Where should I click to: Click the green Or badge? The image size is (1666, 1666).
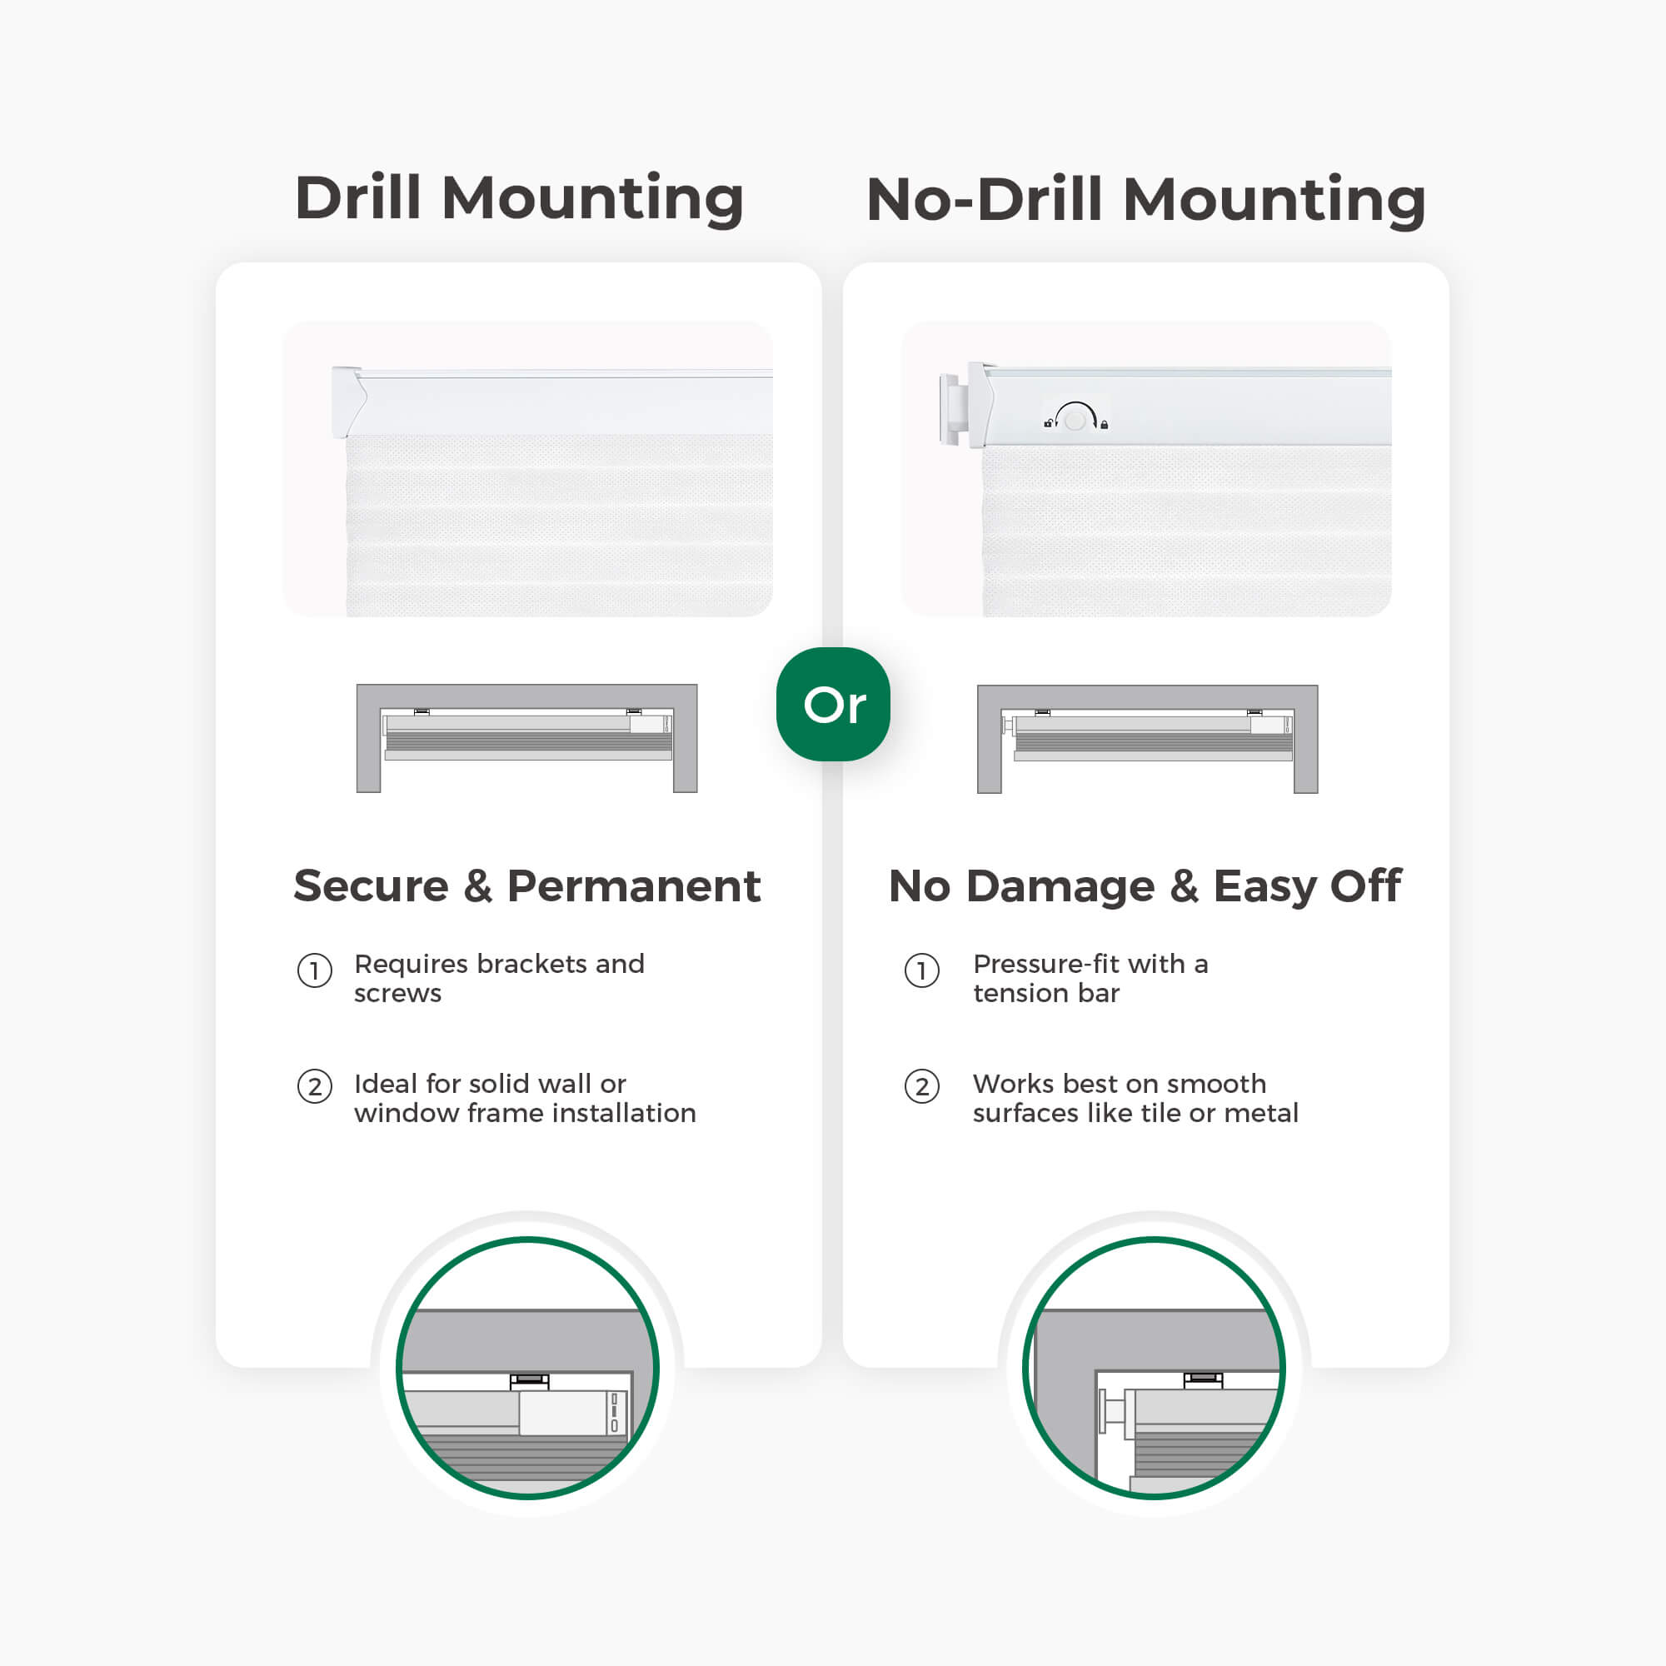pos(833,704)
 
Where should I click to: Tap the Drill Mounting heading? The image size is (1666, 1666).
pos(519,198)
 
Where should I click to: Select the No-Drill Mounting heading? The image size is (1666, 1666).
pos(1145,199)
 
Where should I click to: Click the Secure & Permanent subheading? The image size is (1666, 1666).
pos(527,885)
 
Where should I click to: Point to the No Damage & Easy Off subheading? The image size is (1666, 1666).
pos(1145,887)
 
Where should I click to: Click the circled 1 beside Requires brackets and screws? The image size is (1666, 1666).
pos(315,971)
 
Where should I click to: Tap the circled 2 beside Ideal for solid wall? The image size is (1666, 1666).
pos(315,1086)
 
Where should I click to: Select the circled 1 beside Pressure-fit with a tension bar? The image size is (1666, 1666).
pos(922,971)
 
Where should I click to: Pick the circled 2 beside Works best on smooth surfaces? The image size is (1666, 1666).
pos(922,1086)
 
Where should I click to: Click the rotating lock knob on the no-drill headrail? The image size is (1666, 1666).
pos(1075,419)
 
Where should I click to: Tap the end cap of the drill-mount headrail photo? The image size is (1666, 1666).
pos(348,402)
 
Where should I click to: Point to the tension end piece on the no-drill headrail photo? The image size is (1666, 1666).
pos(950,410)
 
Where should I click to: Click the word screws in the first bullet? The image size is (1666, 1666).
pos(397,995)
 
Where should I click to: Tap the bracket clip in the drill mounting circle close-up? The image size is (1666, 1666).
pos(530,1380)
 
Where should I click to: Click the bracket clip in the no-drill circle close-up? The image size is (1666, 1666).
pos(1203,1379)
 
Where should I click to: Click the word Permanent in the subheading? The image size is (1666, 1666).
pos(634,885)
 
